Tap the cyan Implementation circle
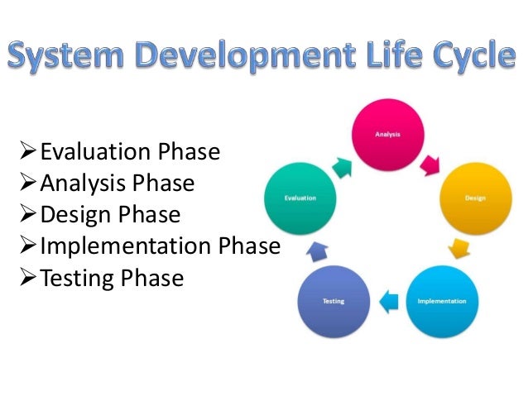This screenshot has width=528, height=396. point(441,301)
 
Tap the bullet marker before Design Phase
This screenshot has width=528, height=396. point(29,215)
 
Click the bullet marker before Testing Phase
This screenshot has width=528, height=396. point(29,279)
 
